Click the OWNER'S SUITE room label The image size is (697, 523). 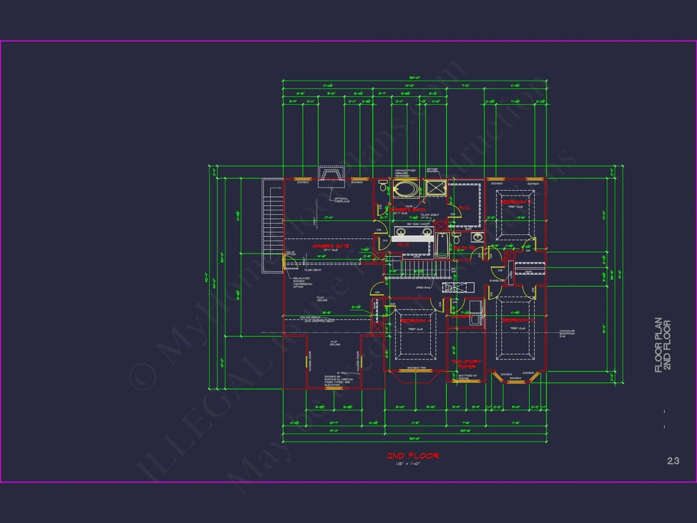(x=330, y=246)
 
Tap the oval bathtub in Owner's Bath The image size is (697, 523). (x=406, y=189)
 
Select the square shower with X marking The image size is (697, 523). (x=436, y=188)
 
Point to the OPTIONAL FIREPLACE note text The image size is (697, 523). (x=342, y=200)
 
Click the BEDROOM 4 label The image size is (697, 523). (x=415, y=320)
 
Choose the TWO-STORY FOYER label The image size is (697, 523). (x=466, y=364)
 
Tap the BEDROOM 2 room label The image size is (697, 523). (x=517, y=320)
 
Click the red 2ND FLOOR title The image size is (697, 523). (x=413, y=456)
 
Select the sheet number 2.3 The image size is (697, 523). (x=673, y=461)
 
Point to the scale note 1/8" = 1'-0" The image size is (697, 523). (x=408, y=464)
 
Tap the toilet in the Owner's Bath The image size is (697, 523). (x=384, y=186)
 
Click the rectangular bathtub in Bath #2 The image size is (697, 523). (x=442, y=245)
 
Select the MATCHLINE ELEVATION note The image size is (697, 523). (x=567, y=333)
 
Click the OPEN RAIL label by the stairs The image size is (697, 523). (x=423, y=288)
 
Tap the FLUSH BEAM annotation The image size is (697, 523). (x=313, y=270)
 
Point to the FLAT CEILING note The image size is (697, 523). (x=322, y=299)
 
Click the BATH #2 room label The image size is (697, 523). (x=464, y=248)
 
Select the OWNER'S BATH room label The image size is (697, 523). (x=408, y=210)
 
